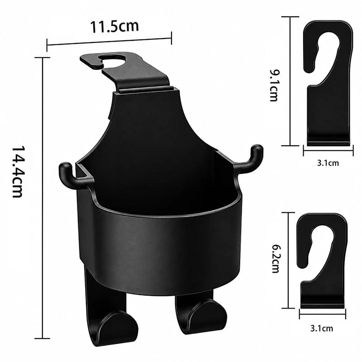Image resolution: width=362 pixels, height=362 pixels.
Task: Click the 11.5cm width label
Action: point(114,26)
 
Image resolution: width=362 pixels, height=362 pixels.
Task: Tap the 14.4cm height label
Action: point(17,171)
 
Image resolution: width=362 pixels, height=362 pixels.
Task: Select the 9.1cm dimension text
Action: point(274,86)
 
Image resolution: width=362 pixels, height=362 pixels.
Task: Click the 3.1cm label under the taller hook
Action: point(328,163)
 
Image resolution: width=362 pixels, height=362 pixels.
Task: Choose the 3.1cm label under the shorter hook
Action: point(322,329)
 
